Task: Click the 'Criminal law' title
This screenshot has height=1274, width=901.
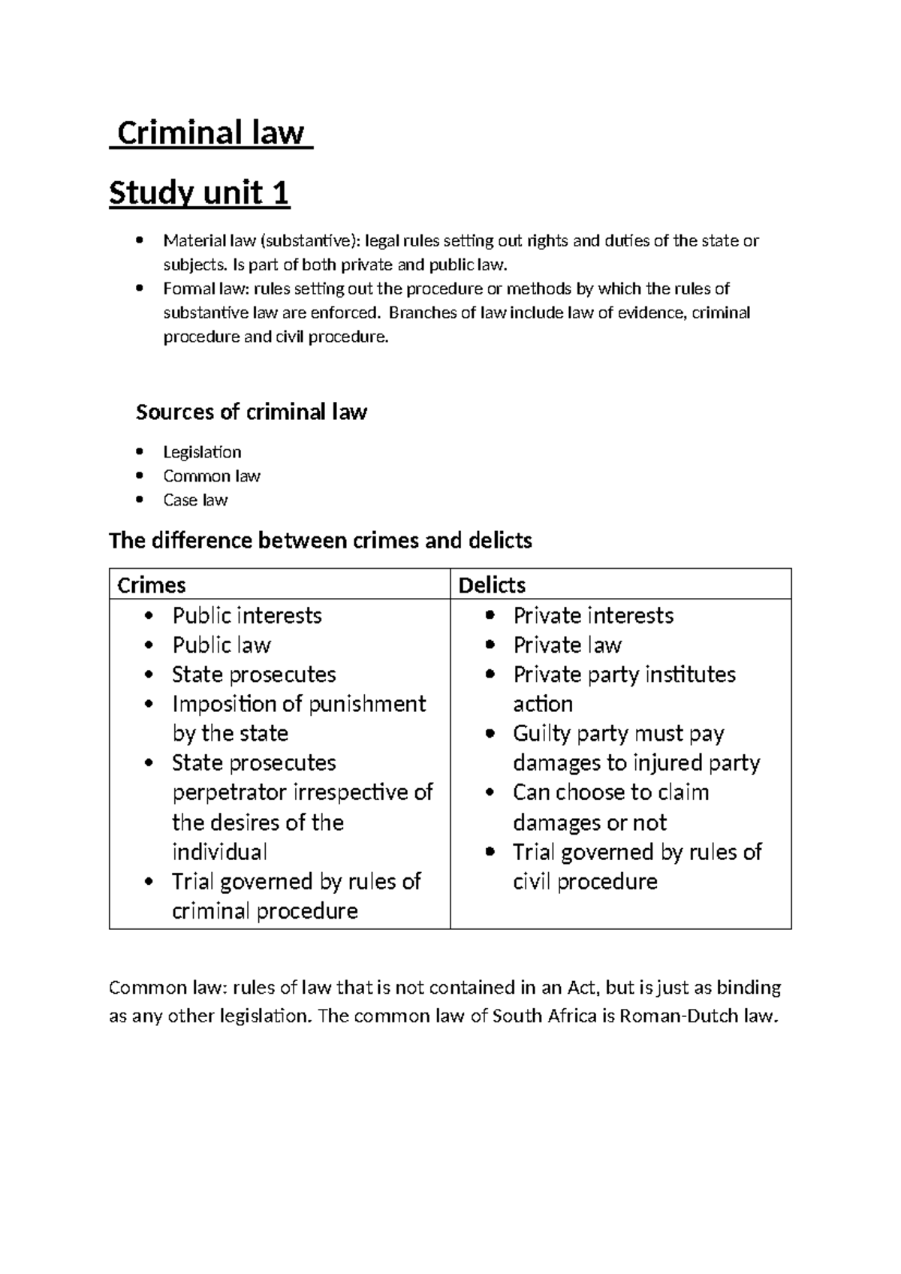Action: [x=211, y=134]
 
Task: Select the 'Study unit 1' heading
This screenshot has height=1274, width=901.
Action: [x=199, y=194]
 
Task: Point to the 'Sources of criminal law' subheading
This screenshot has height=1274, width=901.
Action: [x=251, y=412]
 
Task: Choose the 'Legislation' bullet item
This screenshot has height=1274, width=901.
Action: [x=202, y=452]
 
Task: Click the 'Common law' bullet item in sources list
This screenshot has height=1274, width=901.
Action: [x=212, y=476]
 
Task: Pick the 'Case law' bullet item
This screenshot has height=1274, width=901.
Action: [x=195, y=500]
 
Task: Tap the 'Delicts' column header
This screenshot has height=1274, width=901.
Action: [x=492, y=585]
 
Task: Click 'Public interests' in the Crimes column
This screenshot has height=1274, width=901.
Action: [x=247, y=616]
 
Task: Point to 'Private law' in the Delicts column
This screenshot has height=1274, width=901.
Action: [x=567, y=645]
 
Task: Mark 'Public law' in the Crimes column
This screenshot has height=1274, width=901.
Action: [x=221, y=645]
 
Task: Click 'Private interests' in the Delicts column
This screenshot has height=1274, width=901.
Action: [x=593, y=616]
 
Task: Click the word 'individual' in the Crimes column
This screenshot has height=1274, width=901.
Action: [x=219, y=852]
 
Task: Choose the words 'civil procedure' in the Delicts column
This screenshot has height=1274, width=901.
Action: [x=585, y=881]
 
